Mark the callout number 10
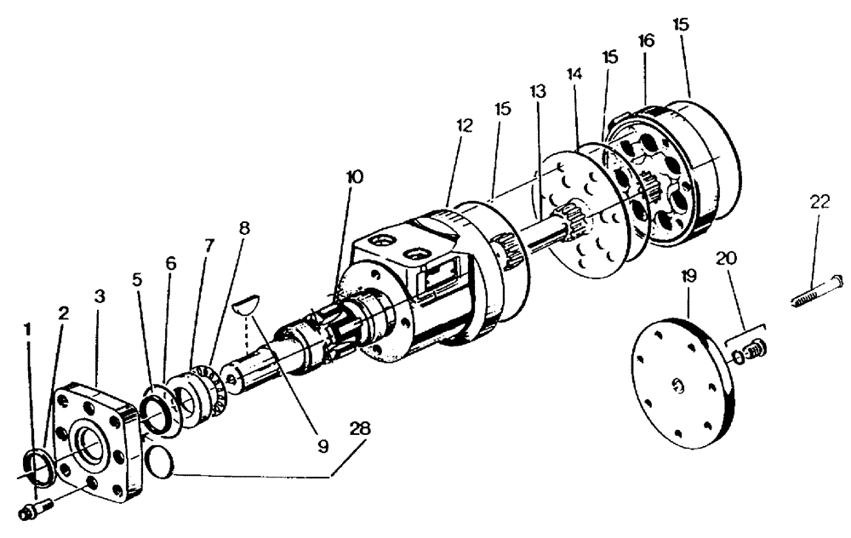354,177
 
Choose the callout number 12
464,124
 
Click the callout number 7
208,245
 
